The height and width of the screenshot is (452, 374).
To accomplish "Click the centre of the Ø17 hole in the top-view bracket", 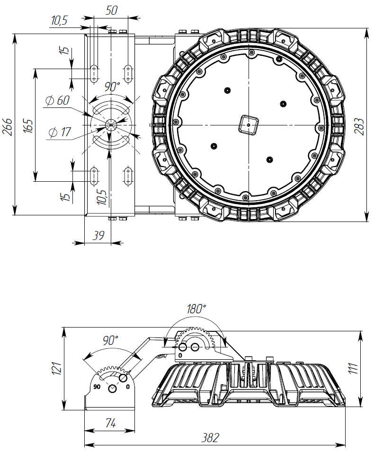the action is pos(111,125).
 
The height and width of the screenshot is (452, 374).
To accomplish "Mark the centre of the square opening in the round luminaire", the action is pos(249,125).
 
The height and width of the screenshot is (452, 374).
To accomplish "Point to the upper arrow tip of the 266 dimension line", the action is pos(14,34).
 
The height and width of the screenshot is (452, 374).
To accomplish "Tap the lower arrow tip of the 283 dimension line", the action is pos(367,222).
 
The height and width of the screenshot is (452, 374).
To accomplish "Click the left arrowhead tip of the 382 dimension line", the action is pos(84,444).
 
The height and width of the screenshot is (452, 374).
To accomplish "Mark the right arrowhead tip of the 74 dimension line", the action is pos(134,431).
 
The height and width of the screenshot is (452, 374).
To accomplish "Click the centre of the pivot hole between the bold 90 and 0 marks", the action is pos(112,389).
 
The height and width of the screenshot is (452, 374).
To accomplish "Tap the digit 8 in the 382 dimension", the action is pos(210,438).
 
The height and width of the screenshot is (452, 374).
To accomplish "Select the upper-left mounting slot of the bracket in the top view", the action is pos(94,74).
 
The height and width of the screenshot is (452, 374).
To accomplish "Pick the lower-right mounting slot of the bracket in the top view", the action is pos(128,176).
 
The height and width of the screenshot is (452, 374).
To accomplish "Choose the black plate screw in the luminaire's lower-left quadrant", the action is pos(214,146).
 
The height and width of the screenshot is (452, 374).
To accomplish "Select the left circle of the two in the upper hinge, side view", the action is pos(183,347).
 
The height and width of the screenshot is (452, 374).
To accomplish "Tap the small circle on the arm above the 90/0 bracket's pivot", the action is pos(123,378).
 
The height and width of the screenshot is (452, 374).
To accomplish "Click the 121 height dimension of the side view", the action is pos(56,368).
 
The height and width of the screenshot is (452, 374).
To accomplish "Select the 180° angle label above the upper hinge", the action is pos(196,309).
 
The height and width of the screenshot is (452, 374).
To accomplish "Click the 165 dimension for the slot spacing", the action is pos(28,126).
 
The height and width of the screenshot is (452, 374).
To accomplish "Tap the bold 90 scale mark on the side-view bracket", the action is pos(97,387).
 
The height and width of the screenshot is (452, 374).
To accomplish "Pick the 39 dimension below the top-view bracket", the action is pos(98,236).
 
